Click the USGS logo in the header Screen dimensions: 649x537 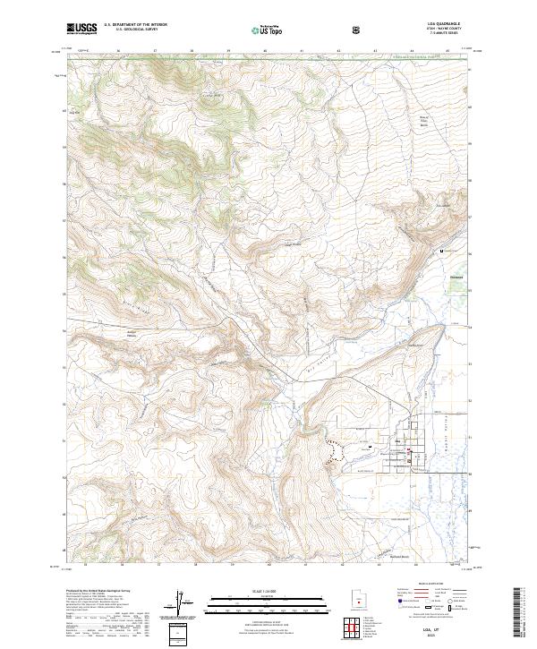[81, 30]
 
